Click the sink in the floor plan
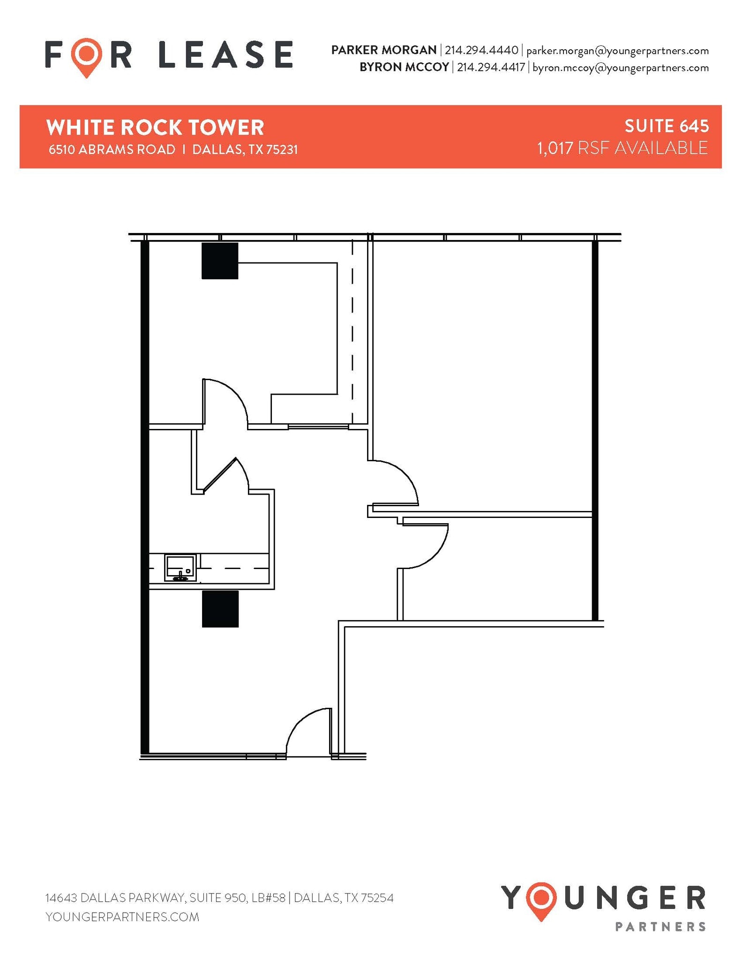click(180, 567)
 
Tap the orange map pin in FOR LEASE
click(87, 57)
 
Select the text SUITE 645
click(666, 126)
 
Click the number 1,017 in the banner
click(555, 148)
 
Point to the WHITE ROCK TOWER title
click(155, 127)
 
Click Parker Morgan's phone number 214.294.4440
click(481, 50)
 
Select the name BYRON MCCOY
click(404, 67)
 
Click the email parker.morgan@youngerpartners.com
click(617, 50)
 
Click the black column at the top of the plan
click(220, 261)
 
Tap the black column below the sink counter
click(220, 608)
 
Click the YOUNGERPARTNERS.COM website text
click(122, 916)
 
